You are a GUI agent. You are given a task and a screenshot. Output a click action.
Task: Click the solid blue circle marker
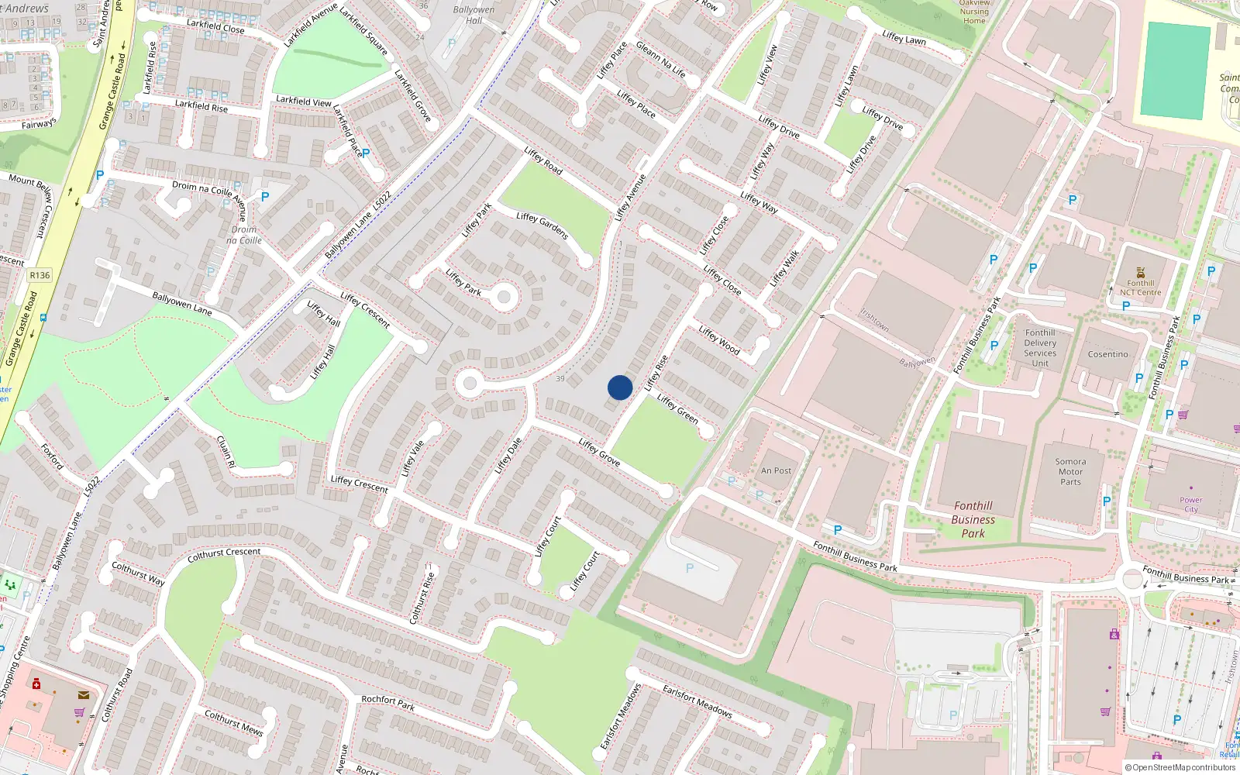620,387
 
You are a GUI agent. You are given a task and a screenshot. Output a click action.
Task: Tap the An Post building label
776,470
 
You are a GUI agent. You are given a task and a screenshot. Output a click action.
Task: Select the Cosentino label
1107,354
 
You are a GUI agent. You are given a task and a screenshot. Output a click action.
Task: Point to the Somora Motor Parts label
1070,471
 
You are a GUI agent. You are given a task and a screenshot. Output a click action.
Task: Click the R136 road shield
40,275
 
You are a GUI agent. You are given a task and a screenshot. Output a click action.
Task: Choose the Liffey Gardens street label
542,226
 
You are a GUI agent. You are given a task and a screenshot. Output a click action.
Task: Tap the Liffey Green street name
677,408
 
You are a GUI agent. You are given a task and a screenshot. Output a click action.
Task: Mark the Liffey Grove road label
599,452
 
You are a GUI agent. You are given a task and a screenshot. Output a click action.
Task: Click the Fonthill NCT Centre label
1140,288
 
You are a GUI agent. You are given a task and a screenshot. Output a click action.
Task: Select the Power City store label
1191,505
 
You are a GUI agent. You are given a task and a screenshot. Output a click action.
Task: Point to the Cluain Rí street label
226,451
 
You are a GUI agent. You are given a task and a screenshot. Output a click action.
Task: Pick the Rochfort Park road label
387,702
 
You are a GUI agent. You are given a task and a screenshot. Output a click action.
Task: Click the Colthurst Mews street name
233,722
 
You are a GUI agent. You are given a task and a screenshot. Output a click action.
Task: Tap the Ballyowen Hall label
474,15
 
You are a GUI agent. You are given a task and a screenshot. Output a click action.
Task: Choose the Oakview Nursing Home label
974,12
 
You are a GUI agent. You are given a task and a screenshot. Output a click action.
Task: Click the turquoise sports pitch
1175,71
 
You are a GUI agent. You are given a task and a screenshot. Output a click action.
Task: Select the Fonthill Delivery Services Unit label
1040,348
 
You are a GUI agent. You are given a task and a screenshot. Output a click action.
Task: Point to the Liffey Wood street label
719,340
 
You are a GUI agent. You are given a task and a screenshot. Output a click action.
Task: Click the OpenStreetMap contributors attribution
1180,768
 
